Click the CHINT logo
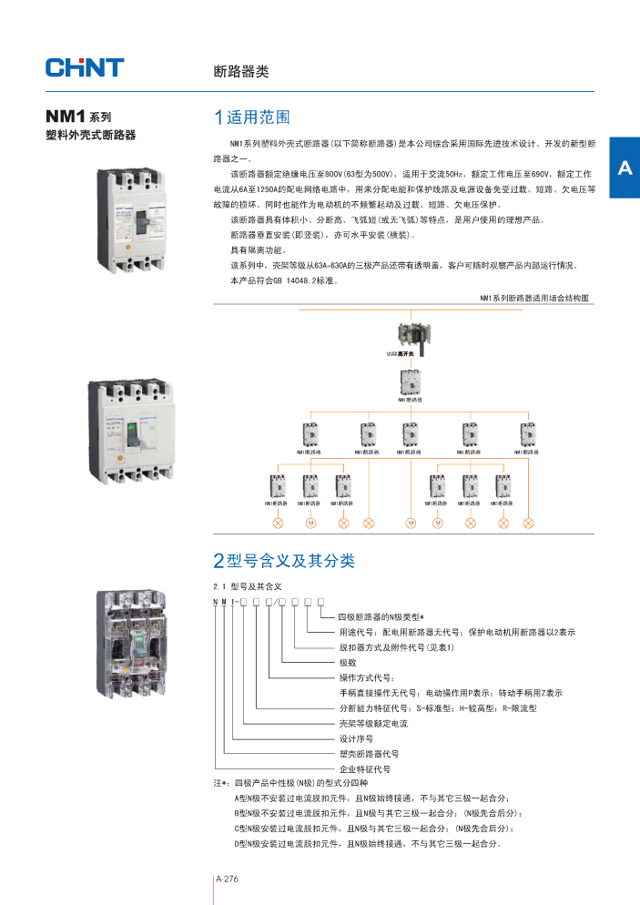[x=84, y=67]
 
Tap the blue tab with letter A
[x=624, y=168]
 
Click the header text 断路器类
[x=240, y=71]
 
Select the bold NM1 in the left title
[x=66, y=117]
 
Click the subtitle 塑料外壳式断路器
[x=90, y=136]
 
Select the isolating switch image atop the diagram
[x=411, y=338]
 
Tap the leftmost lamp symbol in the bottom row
[x=279, y=524]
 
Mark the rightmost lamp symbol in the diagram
[x=529, y=524]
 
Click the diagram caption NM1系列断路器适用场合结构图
[x=534, y=298]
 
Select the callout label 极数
[x=348, y=662]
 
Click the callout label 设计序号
[x=356, y=738]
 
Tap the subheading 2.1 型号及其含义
[x=248, y=586]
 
